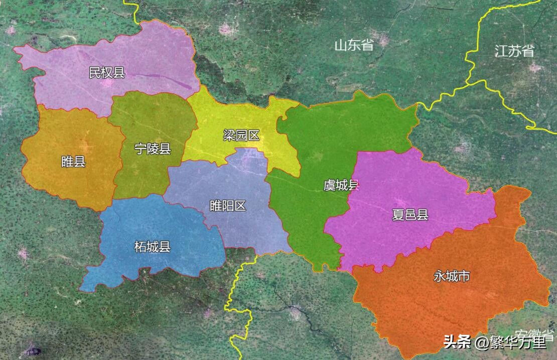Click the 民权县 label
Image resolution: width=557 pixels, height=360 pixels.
tap(106, 73)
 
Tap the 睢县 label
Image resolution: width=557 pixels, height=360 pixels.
tap(73, 162)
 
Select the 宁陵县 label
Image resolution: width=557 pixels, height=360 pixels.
tap(153, 149)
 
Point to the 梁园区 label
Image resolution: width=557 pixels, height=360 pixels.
tap(241, 135)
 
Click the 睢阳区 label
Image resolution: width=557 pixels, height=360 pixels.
tap(228, 205)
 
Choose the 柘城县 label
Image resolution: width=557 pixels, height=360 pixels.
tap(153, 247)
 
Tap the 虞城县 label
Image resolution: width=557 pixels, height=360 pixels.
tap(341, 185)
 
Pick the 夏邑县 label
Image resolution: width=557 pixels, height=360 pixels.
tap(410, 215)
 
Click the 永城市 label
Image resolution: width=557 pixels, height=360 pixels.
tap(452, 276)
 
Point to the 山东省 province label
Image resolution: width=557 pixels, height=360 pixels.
tap(354, 45)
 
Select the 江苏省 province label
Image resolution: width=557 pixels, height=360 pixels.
tap(514, 51)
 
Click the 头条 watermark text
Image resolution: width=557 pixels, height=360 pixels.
tap(457, 343)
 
